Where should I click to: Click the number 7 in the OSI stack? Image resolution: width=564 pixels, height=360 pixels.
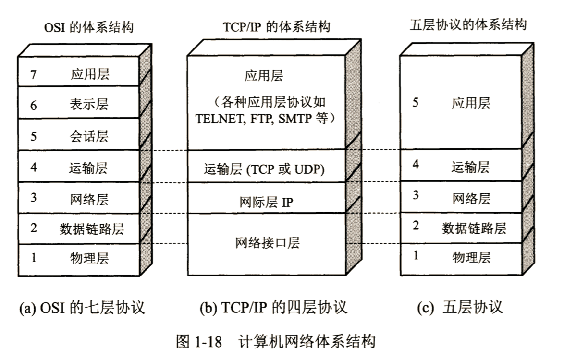[33, 74]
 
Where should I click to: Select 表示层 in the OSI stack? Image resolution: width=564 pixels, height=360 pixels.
[89, 105]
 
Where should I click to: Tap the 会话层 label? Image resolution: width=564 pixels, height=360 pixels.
[89, 136]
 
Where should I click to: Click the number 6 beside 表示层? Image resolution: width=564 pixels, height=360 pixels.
[33, 106]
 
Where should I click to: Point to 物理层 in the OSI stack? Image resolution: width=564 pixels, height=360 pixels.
[89, 258]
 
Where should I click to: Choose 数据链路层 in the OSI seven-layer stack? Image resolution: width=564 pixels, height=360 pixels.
[92, 228]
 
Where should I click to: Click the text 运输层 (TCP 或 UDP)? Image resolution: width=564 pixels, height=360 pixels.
[264, 169]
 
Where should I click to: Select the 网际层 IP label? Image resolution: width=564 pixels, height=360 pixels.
[266, 202]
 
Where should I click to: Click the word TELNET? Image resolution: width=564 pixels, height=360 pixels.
[220, 119]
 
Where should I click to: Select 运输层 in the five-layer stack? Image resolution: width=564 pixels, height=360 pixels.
[471, 167]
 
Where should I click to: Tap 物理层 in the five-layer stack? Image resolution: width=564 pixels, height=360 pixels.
[471, 257]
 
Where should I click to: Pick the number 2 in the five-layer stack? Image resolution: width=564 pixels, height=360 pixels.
[416, 225]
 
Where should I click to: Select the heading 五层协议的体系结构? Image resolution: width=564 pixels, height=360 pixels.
[469, 25]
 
